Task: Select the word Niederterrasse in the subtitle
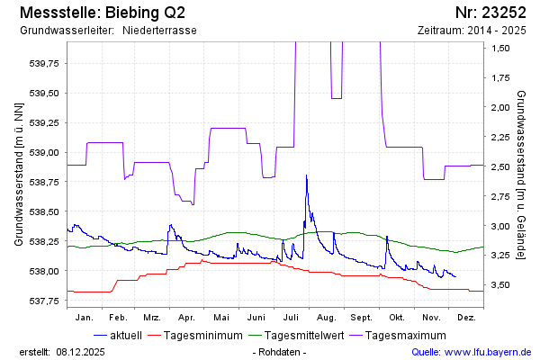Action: click(159, 31)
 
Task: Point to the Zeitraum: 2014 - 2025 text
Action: click(472, 31)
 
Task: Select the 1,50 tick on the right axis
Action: click(501, 48)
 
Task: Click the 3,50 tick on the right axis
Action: click(501, 285)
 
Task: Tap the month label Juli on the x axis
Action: click(291, 318)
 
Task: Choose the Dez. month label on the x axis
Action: click(466, 318)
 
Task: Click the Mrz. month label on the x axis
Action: click(151, 318)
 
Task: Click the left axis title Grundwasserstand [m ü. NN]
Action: click(19, 174)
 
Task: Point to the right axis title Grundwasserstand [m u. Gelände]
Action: click(521, 174)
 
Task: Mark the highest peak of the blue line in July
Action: click(306, 175)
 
